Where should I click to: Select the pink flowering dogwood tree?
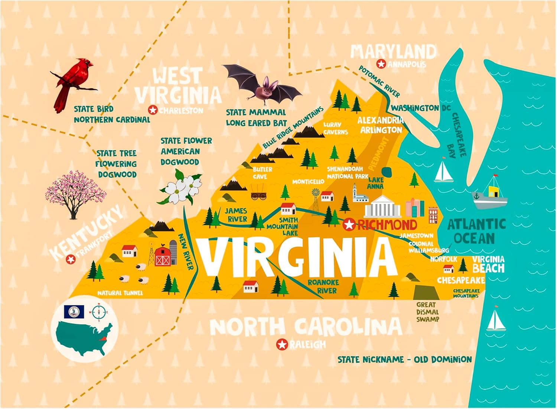click(x=74, y=193)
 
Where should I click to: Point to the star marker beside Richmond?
click(x=349, y=225)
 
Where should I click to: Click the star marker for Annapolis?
click(x=381, y=64)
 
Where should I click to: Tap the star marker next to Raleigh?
click(x=282, y=345)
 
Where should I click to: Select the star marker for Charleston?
click(x=152, y=110)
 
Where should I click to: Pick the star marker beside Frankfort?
click(x=70, y=259)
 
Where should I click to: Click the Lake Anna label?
click(x=375, y=183)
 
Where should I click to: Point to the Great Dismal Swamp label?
click(x=427, y=312)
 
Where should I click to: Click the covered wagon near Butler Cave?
click(x=259, y=195)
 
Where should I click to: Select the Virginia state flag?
click(x=74, y=312)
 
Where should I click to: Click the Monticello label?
click(x=308, y=182)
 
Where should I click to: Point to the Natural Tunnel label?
click(x=120, y=293)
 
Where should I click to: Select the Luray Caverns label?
click(x=335, y=128)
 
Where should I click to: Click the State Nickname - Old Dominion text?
click(x=404, y=359)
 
